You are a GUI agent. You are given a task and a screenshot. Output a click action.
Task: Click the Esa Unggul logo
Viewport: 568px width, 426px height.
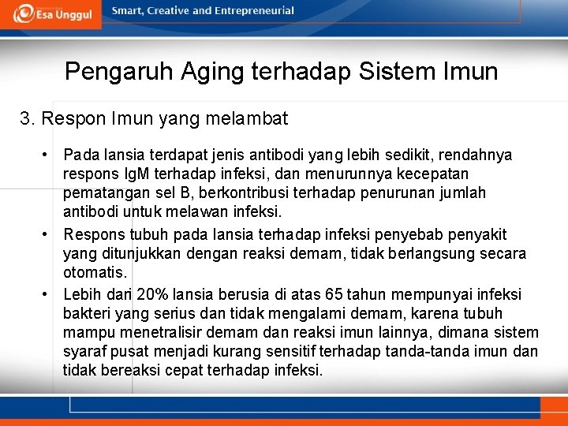50,14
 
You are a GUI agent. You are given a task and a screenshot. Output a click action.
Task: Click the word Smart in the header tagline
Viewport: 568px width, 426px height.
128,11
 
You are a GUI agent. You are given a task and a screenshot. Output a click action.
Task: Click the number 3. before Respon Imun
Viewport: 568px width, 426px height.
28,119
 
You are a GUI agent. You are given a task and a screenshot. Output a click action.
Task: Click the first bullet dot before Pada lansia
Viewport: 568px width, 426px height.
48,155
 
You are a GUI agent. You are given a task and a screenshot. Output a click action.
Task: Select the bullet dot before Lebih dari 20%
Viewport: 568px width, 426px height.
48,294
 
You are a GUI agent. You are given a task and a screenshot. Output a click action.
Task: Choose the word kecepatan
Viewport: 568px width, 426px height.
432,174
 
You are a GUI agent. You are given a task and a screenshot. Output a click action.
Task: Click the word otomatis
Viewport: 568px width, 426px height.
94,272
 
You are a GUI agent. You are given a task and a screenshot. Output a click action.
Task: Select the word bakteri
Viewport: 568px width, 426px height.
86,313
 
